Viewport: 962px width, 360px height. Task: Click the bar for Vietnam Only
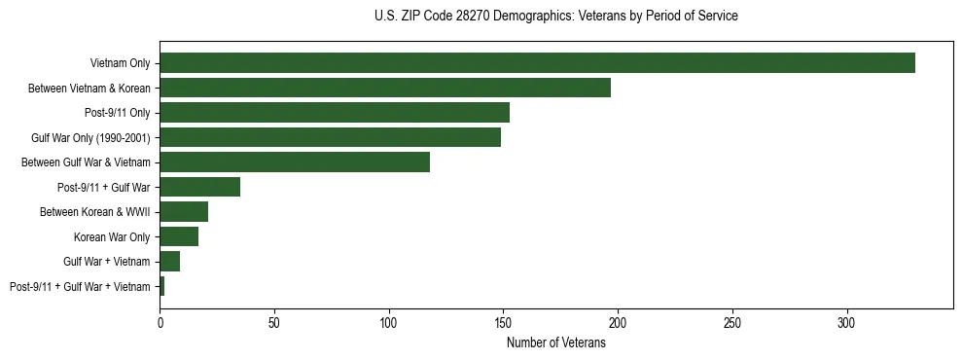537,63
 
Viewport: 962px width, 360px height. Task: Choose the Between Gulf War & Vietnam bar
295,162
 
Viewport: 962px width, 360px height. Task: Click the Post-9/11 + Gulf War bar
200,187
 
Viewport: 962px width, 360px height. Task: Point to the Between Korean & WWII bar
184,211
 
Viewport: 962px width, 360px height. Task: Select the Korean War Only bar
179,236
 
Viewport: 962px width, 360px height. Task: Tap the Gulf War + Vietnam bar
170,261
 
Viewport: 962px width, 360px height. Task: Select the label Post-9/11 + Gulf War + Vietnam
80,286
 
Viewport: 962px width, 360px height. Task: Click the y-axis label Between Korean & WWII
94,211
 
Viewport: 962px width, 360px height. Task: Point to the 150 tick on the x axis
503,322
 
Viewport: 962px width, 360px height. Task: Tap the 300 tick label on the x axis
847,322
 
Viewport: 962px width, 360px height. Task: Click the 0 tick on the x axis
160,322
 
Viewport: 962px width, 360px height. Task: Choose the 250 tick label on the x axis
732,322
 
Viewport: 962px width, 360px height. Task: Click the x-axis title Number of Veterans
556,342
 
